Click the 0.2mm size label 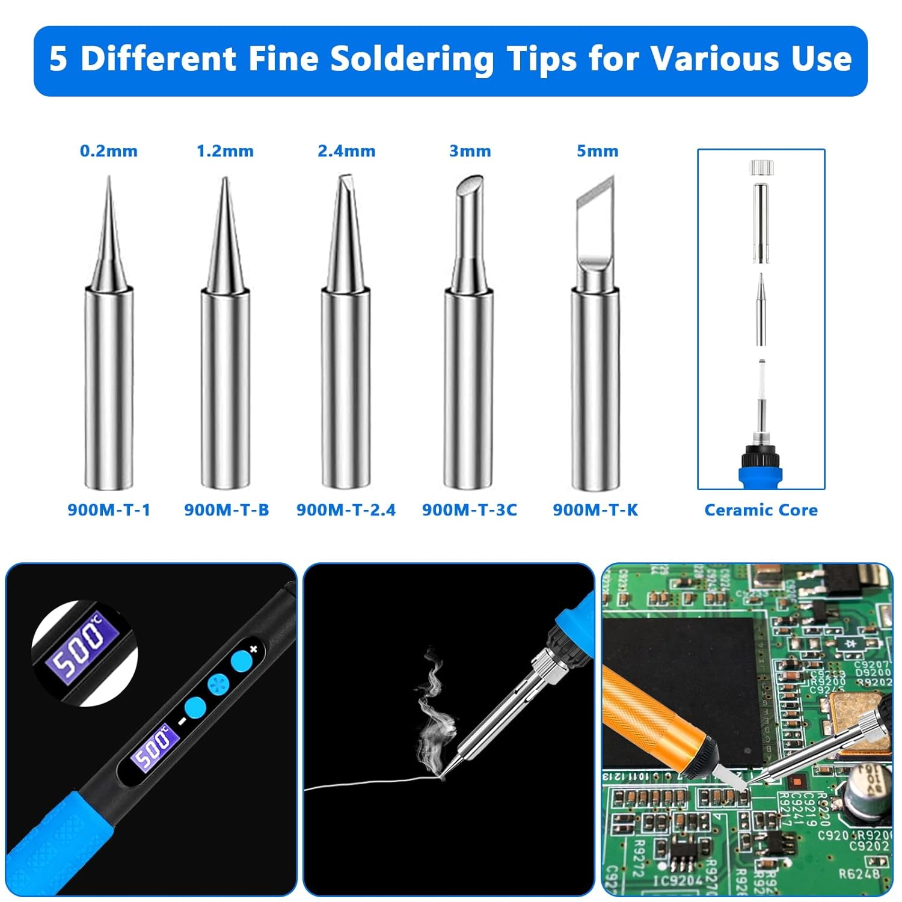click(x=109, y=151)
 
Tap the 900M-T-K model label click(x=595, y=510)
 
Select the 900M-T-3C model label click(x=469, y=510)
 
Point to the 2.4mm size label click(x=346, y=151)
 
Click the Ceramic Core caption click(x=761, y=510)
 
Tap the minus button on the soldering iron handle click(x=195, y=708)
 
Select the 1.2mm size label click(x=225, y=151)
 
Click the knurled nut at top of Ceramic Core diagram click(x=761, y=168)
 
